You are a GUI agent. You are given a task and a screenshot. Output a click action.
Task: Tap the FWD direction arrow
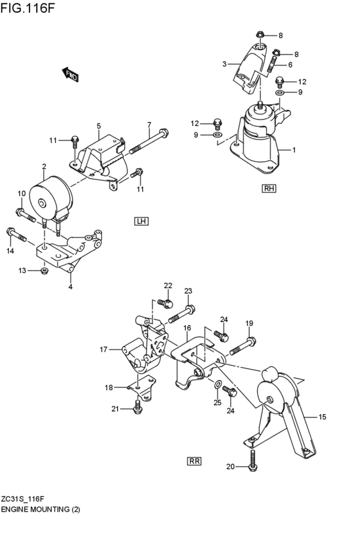(69, 75)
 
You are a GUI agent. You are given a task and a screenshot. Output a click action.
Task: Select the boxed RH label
(269, 188)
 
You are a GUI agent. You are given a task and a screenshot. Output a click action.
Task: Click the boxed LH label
(141, 221)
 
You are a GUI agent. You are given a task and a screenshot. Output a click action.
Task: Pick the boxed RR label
(194, 460)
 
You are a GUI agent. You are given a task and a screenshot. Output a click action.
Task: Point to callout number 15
(322, 417)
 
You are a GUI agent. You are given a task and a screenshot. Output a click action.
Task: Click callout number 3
(224, 64)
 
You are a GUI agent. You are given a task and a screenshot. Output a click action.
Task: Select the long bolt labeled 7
(151, 143)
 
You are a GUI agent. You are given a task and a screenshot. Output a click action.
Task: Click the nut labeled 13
(44, 271)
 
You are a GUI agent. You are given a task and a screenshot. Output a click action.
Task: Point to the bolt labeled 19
(241, 345)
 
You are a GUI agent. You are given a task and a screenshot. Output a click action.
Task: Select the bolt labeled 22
(166, 303)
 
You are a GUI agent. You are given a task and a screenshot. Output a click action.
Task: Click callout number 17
(104, 350)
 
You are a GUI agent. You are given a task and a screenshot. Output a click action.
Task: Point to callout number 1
(293, 150)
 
